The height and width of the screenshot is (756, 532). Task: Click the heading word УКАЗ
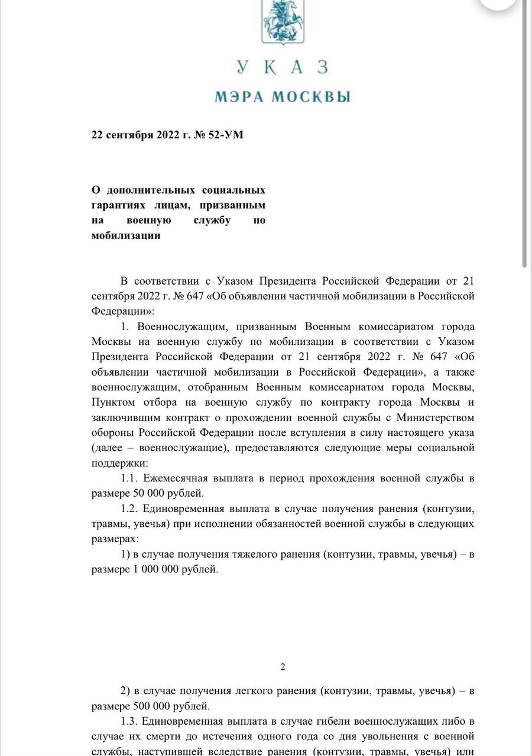[282, 67]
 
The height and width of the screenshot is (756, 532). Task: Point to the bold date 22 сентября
[122, 135]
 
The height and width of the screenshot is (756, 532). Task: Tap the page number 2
[283, 667]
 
